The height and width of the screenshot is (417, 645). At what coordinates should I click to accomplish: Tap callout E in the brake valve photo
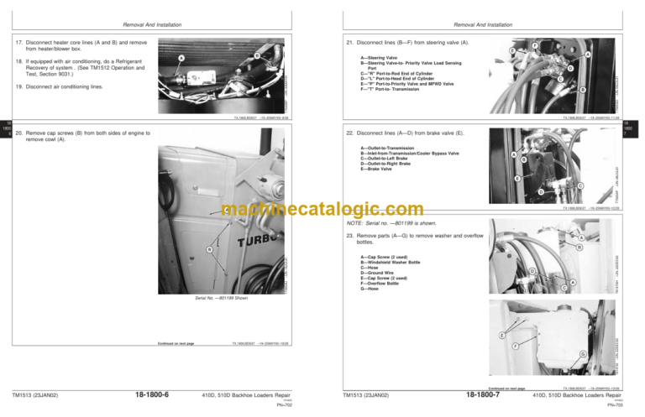(x=517, y=179)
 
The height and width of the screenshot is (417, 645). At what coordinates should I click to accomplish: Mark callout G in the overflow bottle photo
(x=582, y=353)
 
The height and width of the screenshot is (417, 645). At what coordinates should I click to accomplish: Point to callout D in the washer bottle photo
(x=534, y=270)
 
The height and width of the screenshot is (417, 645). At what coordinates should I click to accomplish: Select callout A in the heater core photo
(x=181, y=58)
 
